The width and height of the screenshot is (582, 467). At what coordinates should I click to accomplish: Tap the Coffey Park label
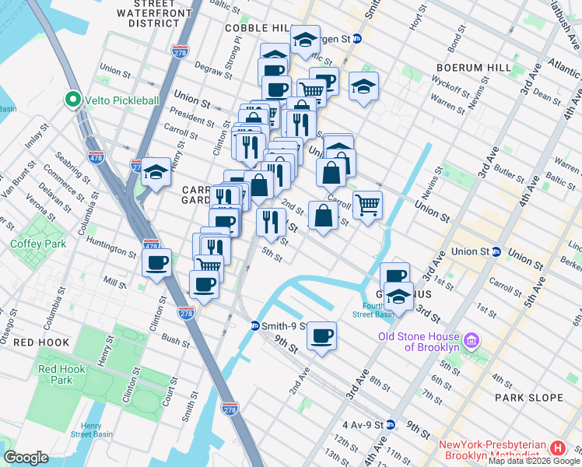[x=29, y=243]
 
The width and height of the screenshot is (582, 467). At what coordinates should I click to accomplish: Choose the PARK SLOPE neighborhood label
[x=528, y=398]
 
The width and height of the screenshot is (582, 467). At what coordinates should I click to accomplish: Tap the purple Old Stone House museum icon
[x=470, y=340]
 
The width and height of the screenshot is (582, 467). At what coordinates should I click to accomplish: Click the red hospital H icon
[x=557, y=449]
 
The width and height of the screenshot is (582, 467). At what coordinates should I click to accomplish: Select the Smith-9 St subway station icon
[x=254, y=326]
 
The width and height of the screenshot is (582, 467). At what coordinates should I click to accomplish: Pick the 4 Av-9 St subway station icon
[x=391, y=425]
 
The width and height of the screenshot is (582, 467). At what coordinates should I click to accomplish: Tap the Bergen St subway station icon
[x=357, y=38]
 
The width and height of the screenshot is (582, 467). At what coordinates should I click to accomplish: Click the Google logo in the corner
[x=26, y=458]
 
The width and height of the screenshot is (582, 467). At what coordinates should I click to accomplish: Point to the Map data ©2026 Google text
[x=534, y=461]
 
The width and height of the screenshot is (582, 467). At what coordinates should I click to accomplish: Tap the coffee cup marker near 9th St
[x=321, y=336]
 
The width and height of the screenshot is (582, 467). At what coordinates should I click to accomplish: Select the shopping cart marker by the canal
[x=367, y=205]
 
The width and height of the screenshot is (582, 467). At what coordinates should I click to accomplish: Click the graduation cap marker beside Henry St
[x=156, y=172]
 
